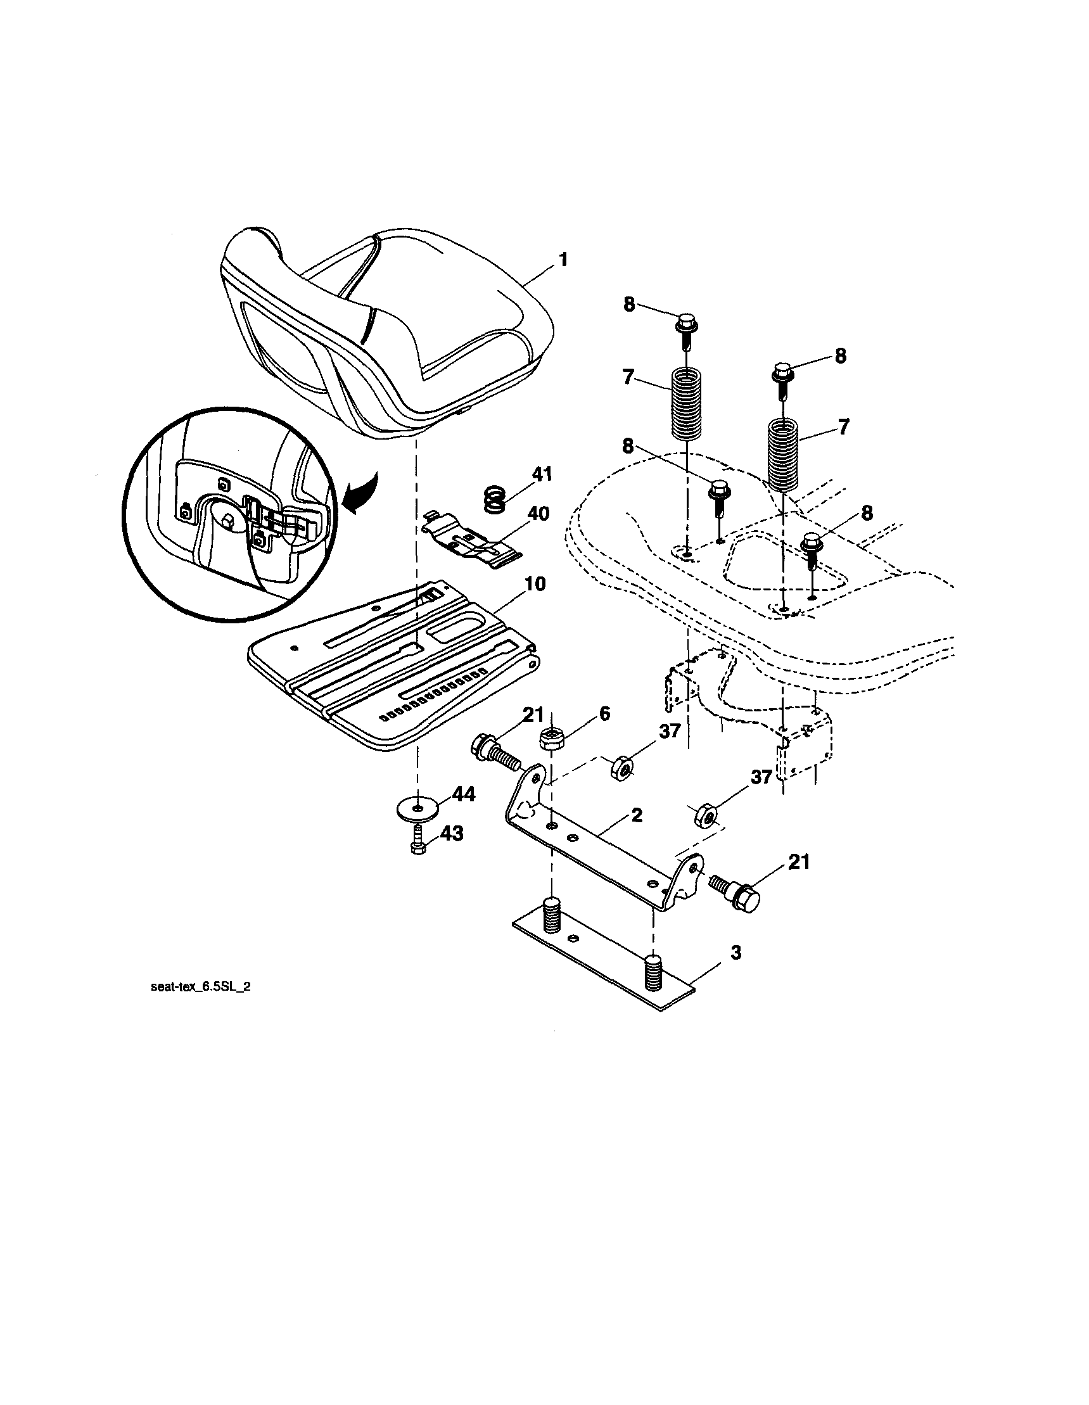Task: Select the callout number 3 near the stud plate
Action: (736, 953)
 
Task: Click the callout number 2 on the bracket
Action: (636, 815)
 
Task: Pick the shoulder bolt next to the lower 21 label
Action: (735, 894)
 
